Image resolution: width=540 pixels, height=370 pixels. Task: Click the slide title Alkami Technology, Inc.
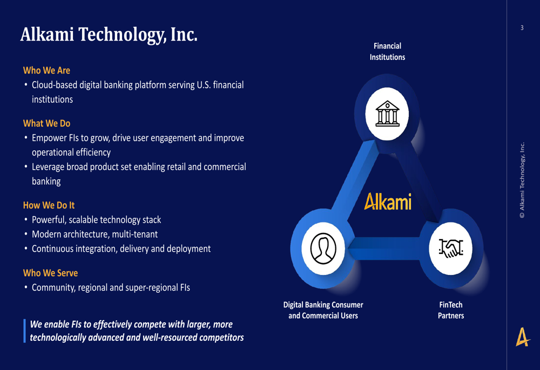point(109,34)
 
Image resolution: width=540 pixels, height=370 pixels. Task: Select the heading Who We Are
point(46,70)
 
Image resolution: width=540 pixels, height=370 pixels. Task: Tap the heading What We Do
point(46,123)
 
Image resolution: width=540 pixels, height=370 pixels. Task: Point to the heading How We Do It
point(49,205)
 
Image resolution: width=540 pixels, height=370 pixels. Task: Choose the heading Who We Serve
point(50,273)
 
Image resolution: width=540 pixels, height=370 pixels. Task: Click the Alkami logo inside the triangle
point(388,201)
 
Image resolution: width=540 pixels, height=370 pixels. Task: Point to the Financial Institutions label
point(387,51)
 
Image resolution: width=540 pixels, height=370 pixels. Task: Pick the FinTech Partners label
point(450,310)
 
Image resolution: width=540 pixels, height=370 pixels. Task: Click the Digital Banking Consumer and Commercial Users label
point(323,310)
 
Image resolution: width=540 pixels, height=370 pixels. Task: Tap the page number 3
point(522,28)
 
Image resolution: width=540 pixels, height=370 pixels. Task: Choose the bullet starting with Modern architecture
point(94,234)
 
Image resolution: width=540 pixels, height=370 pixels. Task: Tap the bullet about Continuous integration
point(121,249)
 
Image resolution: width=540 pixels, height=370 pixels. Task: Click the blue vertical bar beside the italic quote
point(24,331)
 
